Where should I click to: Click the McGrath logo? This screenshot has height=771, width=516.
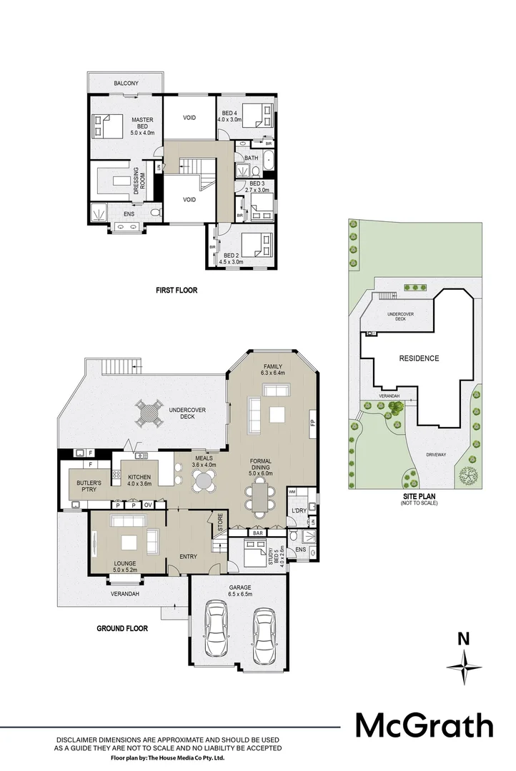click(x=425, y=726)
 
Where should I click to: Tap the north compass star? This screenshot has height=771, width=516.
click(x=464, y=667)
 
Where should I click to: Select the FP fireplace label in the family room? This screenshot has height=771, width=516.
click(x=312, y=423)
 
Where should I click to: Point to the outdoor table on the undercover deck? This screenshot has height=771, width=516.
click(x=149, y=413)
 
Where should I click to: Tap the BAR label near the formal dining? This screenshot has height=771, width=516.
click(x=257, y=533)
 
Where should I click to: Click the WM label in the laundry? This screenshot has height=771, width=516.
click(x=292, y=492)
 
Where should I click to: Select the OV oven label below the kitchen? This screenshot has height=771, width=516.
click(x=148, y=505)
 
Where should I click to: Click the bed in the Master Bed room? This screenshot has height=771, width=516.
click(x=108, y=126)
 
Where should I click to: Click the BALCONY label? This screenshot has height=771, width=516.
click(x=126, y=84)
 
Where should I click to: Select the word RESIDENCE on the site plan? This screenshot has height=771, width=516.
click(x=419, y=358)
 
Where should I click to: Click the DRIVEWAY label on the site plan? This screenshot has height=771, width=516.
click(x=436, y=455)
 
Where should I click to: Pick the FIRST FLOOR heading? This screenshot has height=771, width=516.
click(x=177, y=290)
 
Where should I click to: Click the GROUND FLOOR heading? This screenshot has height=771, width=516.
click(x=122, y=628)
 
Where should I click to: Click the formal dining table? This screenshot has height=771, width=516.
click(x=259, y=498)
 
